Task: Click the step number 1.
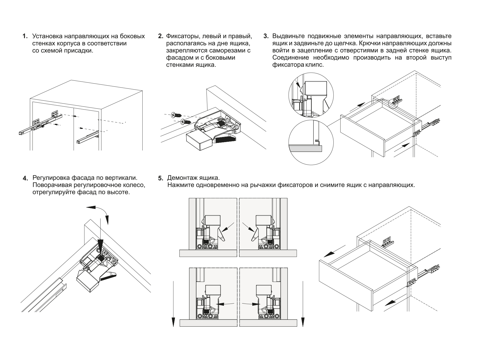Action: click(25, 37)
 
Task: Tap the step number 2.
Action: click(161, 37)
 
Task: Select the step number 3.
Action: click(266, 37)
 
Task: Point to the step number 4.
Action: click(25, 178)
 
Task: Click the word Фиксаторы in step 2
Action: click(181, 37)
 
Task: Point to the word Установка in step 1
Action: click(47, 37)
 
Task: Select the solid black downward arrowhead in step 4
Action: click(100, 245)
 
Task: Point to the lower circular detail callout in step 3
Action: click(311, 142)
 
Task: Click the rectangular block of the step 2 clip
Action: click(199, 141)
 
